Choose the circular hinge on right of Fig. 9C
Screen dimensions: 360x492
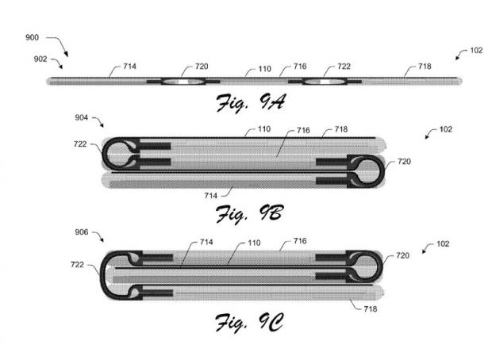click(367, 267)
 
